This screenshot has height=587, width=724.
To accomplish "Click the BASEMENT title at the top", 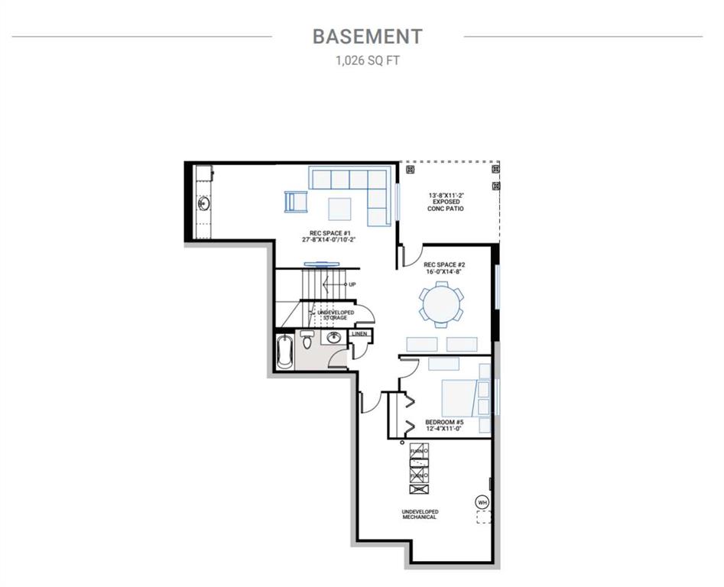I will tap(367, 36).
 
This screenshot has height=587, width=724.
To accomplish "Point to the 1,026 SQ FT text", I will tap(367, 61).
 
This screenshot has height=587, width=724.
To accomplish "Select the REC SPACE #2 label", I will tap(444, 268).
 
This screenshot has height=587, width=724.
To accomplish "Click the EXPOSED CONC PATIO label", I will tap(447, 202).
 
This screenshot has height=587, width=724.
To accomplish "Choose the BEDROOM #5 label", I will tap(444, 425).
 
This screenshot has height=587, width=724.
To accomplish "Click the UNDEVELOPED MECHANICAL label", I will tap(420, 514).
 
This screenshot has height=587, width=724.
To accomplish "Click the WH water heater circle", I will tap(482, 502).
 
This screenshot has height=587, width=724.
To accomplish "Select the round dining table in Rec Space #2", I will tap(441, 303).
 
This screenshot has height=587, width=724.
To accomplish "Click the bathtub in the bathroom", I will tap(284, 352).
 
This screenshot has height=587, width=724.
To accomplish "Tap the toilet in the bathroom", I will tap(307, 339).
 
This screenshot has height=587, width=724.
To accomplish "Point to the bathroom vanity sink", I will tap(333, 338).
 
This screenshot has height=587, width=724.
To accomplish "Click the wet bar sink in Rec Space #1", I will tap(204, 203).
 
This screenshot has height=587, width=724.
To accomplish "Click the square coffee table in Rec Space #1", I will tap(340, 208).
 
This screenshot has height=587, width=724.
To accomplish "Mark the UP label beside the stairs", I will tap(352, 285).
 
